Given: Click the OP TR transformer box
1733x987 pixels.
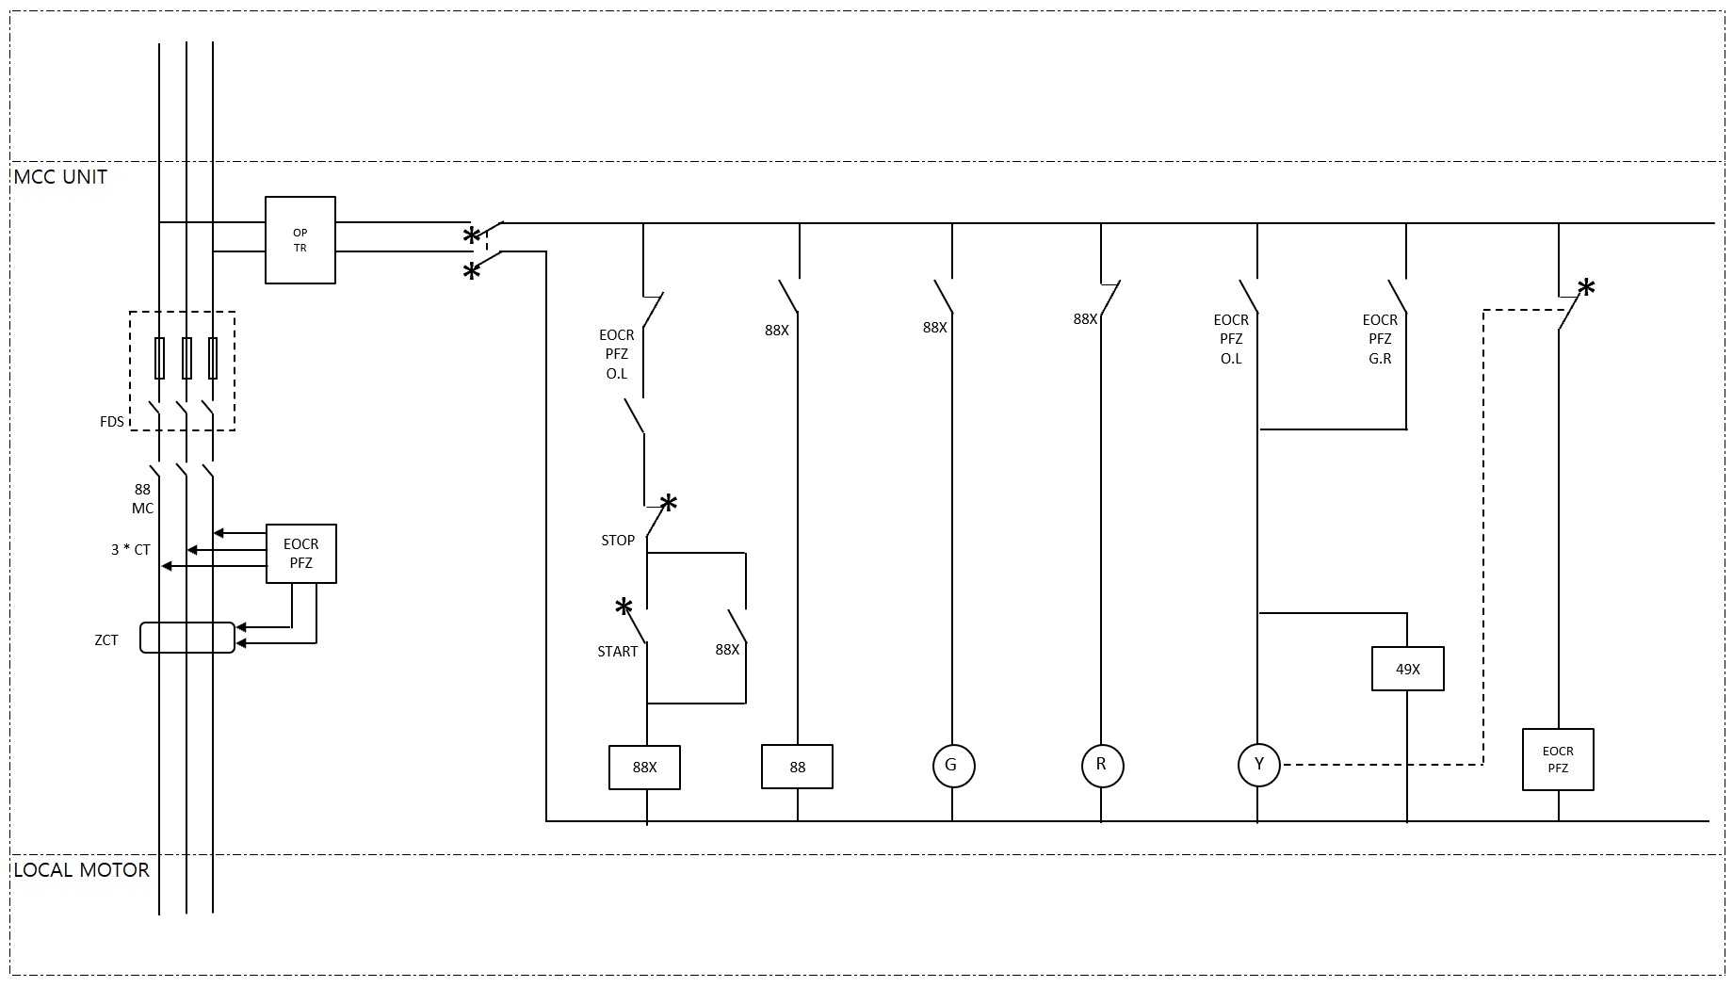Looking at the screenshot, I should [300, 240].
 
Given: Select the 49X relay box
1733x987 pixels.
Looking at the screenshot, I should [1407, 669].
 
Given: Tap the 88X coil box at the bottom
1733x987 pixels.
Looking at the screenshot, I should [644, 768].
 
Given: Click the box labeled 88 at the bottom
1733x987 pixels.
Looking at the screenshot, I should [797, 768].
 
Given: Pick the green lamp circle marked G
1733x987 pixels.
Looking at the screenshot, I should [952, 766].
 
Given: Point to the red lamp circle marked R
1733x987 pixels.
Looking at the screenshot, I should [1102, 766].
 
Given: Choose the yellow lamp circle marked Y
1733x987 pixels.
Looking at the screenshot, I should [1258, 765].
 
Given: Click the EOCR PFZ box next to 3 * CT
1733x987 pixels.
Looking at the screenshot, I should [301, 554].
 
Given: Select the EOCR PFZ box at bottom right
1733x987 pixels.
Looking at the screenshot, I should [1558, 759].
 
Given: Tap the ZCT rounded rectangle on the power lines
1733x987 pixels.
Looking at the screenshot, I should [187, 638].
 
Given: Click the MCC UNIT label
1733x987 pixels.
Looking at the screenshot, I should [60, 177].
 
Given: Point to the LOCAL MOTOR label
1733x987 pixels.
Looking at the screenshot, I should [81, 870].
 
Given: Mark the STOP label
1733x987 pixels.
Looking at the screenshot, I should [618, 541].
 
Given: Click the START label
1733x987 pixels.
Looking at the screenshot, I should [617, 652].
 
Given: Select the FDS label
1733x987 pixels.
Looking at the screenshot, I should [112, 422].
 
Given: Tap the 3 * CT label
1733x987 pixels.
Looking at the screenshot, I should [131, 550].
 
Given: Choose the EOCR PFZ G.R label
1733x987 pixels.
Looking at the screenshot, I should [1380, 339].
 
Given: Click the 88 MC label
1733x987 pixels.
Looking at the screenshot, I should [142, 499].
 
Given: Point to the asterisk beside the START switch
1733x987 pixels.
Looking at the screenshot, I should [624, 607].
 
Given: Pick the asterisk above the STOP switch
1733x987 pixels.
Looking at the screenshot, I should [668, 503].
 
